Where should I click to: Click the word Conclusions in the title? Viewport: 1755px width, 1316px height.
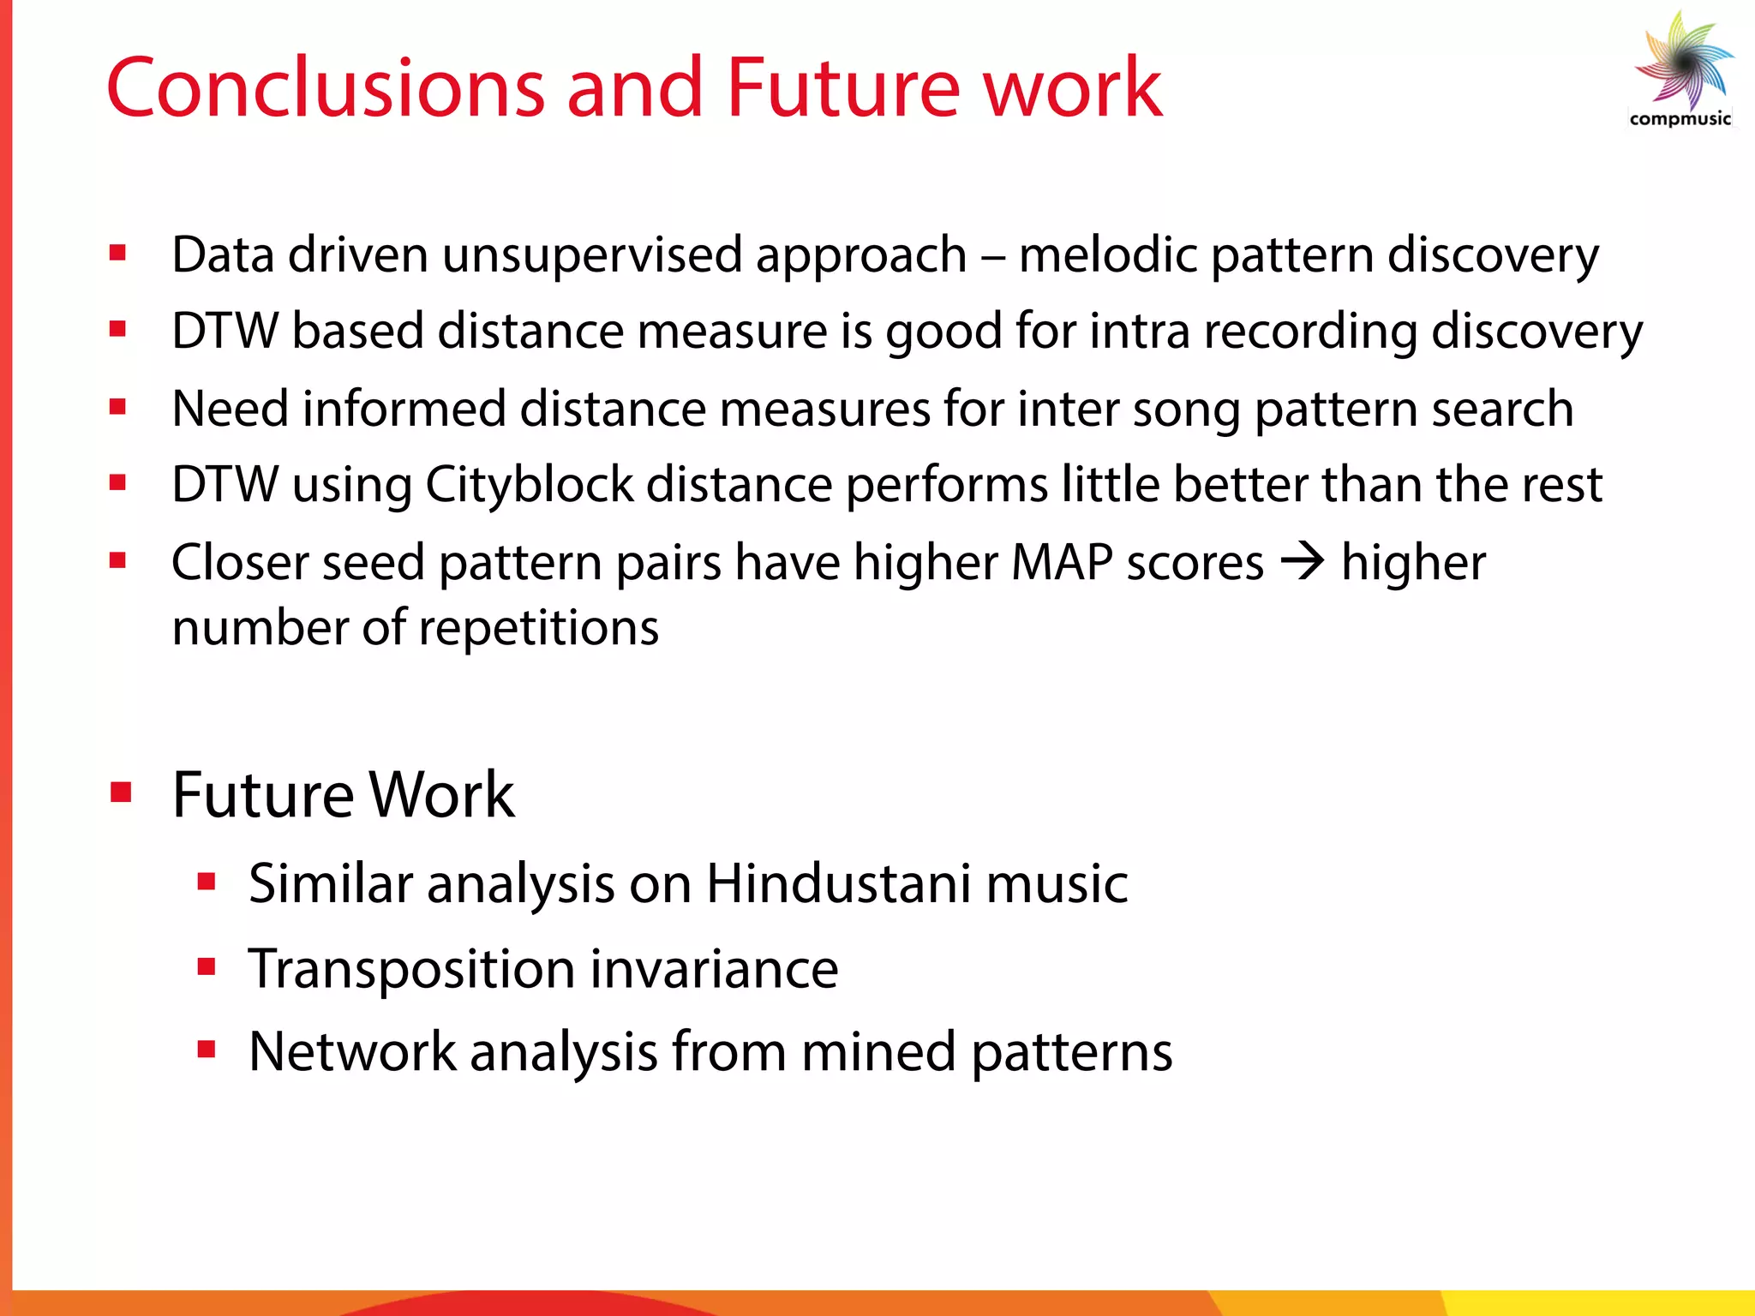326,87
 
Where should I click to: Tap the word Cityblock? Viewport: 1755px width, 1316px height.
529,484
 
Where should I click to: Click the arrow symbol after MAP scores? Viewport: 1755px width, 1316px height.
1303,563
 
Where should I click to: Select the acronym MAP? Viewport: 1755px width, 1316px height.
1062,563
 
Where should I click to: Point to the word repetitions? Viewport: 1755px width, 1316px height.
539,628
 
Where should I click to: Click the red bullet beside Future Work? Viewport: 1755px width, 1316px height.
121,793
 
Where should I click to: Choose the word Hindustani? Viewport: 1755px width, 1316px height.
839,883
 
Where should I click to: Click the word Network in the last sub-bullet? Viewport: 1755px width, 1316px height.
352,1051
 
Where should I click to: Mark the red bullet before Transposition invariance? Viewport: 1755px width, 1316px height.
206,967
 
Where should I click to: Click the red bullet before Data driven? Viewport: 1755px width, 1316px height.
118,253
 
